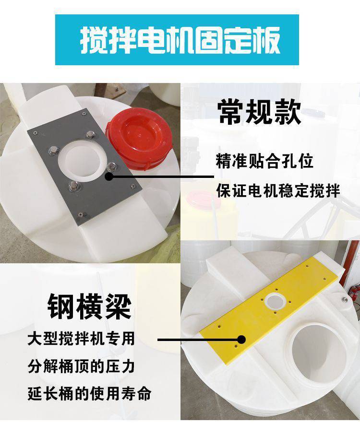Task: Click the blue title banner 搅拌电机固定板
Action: coord(177,40)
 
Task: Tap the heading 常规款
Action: coord(259,113)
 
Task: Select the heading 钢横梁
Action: coord(89,307)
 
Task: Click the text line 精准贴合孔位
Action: coord(264,161)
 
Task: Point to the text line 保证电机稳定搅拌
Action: coord(278,191)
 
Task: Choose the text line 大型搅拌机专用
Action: coord(81,339)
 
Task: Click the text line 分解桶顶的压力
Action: coord(81,366)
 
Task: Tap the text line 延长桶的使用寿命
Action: coord(89,393)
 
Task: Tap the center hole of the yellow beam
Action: coord(275,301)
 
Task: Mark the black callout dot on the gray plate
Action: coord(109,176)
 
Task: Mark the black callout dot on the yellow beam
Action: coord(242,339)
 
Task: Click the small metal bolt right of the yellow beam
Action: coord(345,299)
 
